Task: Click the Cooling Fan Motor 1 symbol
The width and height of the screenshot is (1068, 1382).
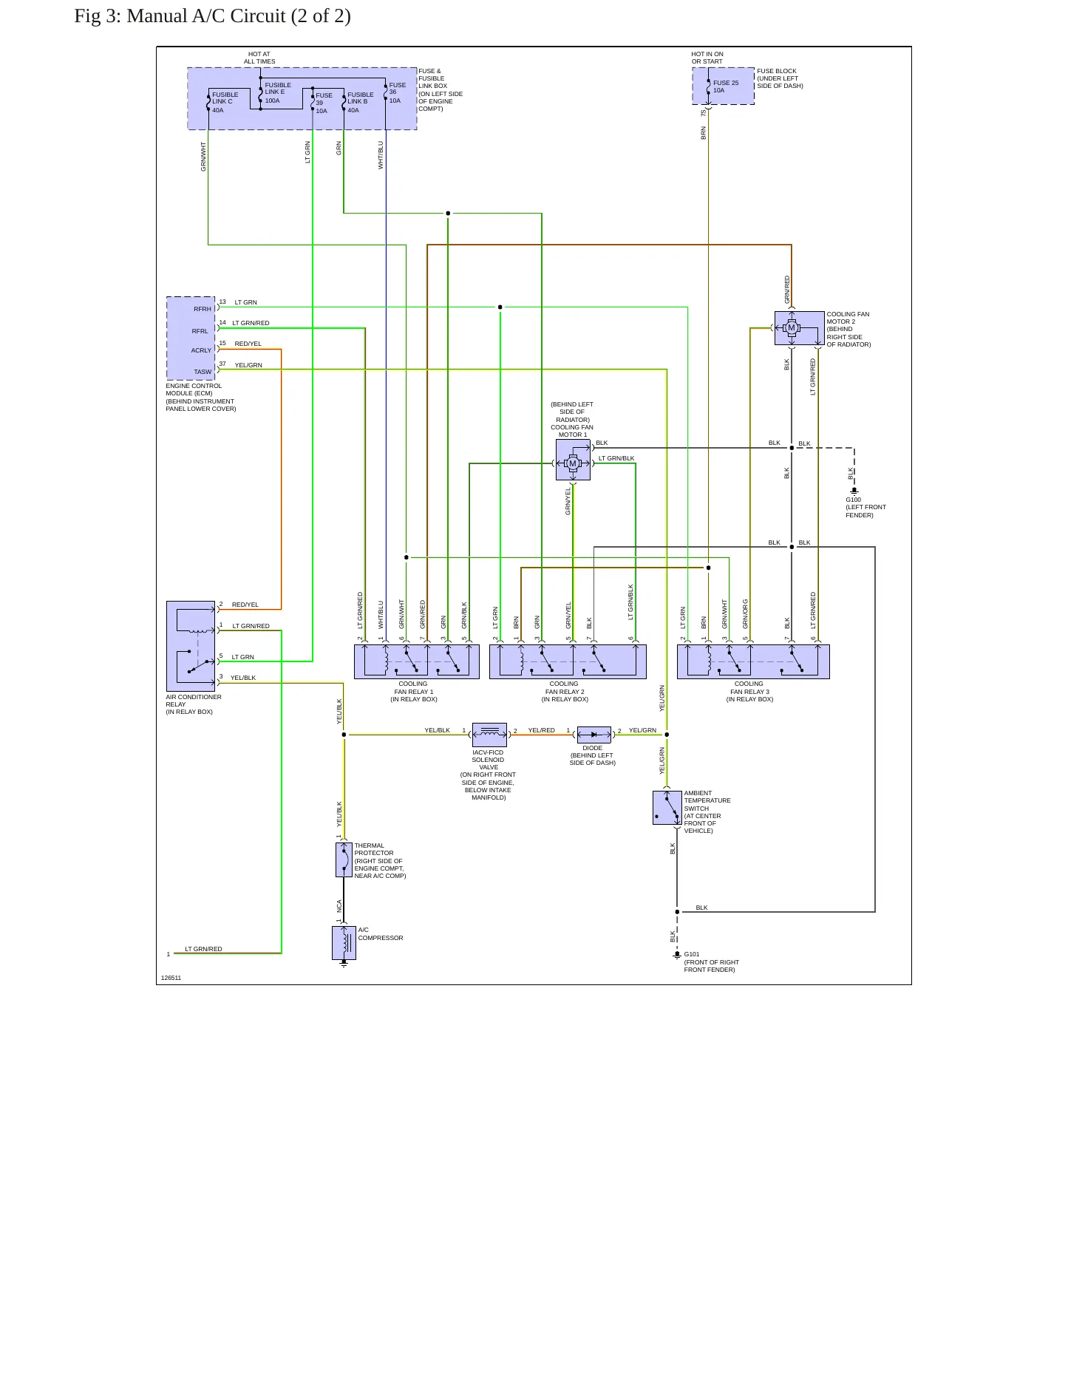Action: click(573, 460)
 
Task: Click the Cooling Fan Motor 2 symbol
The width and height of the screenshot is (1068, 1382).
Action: click(799, 328)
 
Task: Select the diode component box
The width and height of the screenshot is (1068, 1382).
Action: click(593, 735)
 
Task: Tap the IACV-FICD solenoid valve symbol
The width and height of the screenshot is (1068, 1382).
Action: click(489, 735)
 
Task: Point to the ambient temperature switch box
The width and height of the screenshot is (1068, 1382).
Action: click(667, 808)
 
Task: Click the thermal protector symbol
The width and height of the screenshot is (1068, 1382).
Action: click(344, 860)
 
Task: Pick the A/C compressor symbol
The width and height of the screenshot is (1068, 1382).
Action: click(344, 943)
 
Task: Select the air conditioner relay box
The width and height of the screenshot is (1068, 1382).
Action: click(191, 646)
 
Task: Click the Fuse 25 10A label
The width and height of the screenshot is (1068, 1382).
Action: click(726, 86)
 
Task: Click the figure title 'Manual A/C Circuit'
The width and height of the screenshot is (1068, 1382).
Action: click(212, 16)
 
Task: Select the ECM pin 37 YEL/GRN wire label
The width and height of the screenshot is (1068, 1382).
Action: click(248, 365)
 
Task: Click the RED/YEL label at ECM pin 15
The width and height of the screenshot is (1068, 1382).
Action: click(248, 344)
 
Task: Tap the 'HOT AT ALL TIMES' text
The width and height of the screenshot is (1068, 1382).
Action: click(259, 58)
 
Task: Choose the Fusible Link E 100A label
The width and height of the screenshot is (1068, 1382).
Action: click(278, 92)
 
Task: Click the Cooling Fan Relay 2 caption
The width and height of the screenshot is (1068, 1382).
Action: click(565, 691)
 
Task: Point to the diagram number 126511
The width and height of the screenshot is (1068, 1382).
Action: click(171, 978)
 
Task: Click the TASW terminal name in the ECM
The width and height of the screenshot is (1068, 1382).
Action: click(203, 372)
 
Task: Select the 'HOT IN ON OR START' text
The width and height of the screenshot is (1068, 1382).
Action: click(707, 58)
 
